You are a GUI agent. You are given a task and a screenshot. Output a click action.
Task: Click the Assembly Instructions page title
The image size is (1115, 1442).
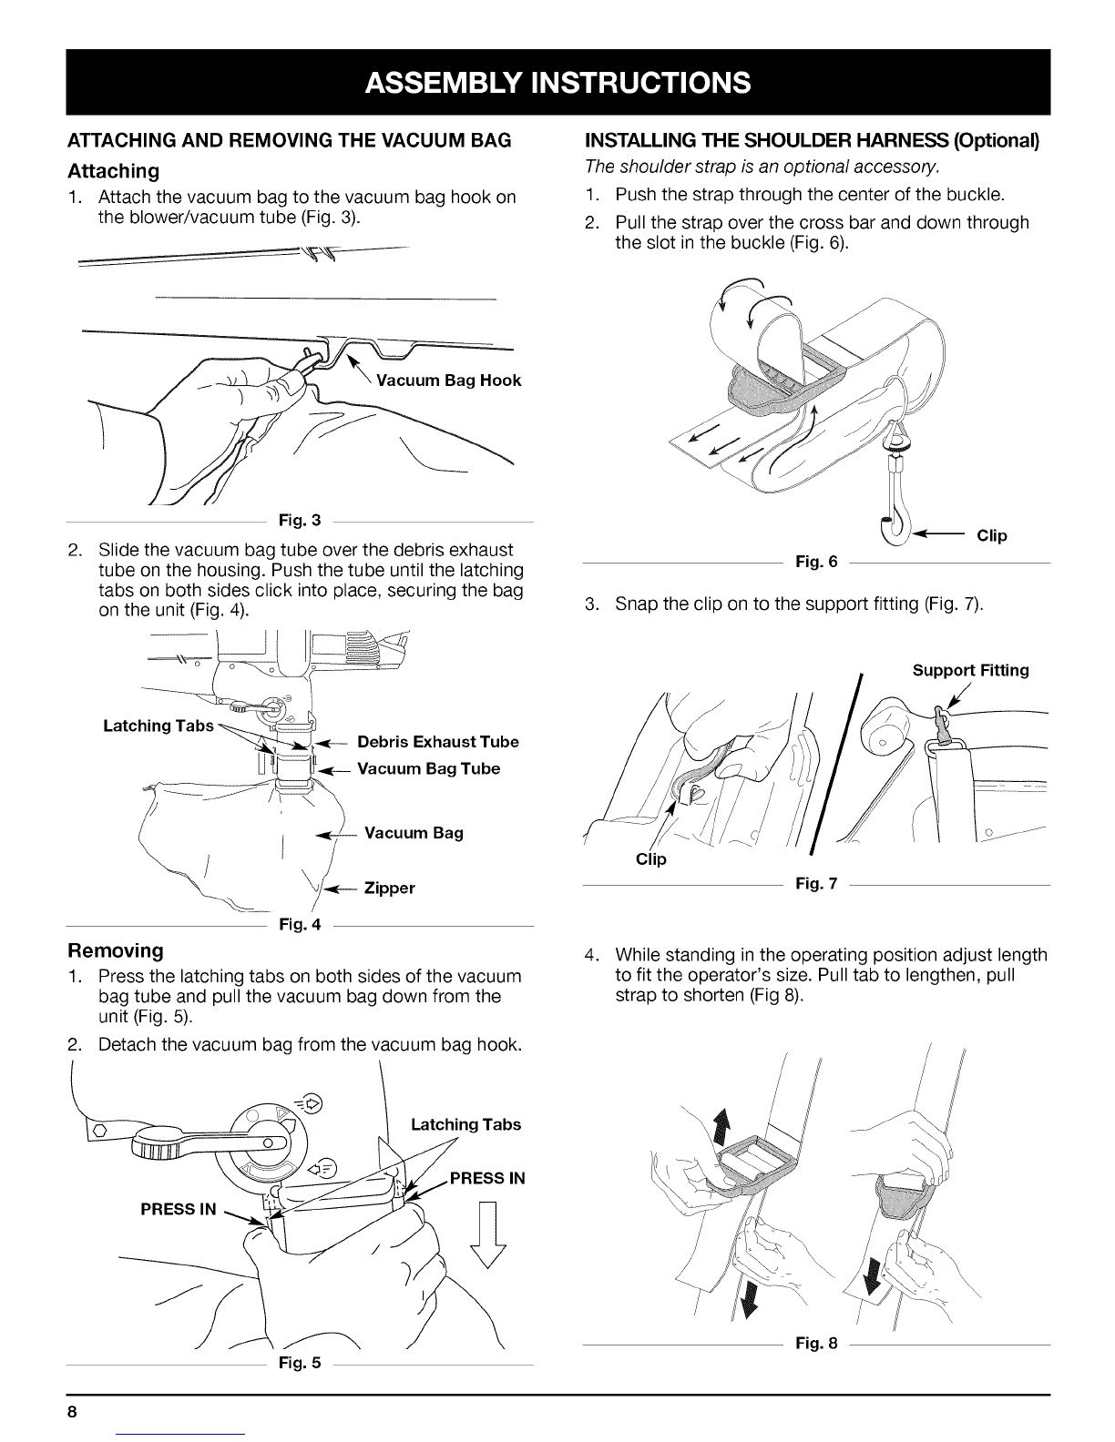coord(557,83)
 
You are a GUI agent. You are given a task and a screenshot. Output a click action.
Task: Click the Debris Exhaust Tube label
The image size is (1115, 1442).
coord(437,742)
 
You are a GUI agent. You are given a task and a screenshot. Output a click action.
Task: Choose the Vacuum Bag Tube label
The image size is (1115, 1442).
coord(428,769)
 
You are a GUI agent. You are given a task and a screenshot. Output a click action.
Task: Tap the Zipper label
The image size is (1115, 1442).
coord(389,889)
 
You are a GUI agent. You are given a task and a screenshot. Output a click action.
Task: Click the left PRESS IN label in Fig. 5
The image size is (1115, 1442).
coord(179,1209)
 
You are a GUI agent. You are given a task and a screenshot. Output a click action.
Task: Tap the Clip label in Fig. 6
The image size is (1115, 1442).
coord(991,535)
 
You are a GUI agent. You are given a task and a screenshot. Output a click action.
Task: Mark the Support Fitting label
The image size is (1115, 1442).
coord(970,671)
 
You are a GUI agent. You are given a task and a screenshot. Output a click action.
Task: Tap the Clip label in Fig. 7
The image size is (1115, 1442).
coord(651,859)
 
